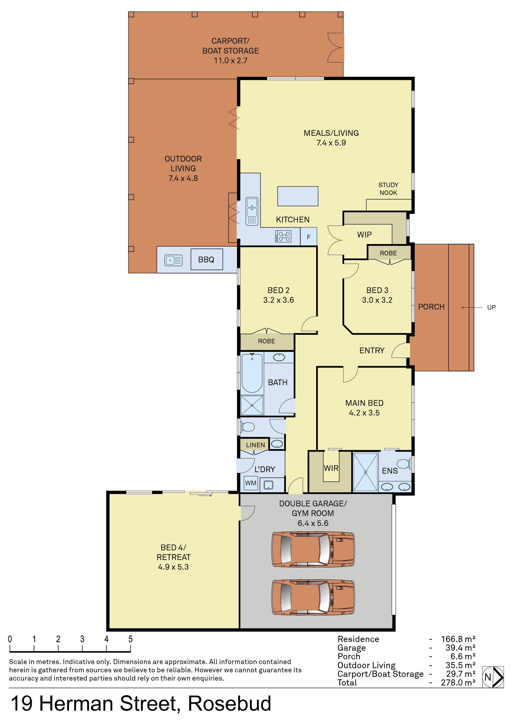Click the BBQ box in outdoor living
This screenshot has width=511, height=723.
click(x=206, y=259)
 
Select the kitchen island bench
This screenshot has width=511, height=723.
click(x=298, y=196)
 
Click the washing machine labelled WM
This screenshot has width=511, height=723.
click(x=251, y=483)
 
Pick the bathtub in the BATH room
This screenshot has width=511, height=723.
click(x=252, y=373)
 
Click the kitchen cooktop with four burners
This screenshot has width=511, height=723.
click(x=283, y=236)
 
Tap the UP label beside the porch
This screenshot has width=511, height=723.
click(x=491, y=307)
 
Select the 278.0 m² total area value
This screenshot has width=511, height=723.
click(x=458, y=682)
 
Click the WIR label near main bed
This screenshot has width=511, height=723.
click(x=331, y=468)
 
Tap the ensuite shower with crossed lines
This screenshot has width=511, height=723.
click(x=365, y=472)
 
